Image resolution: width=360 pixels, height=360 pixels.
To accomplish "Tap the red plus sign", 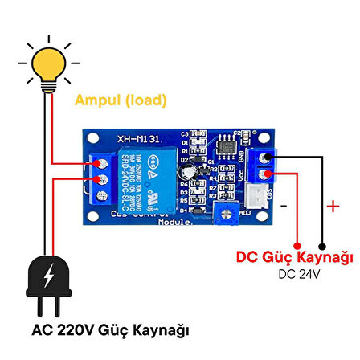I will pyautogui.click(x=332, y=208).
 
